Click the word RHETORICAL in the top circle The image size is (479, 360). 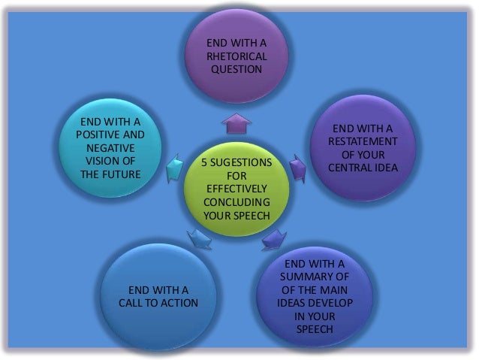(236, 56)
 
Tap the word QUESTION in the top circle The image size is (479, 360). (236, 69)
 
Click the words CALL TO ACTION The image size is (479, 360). (158, 302)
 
